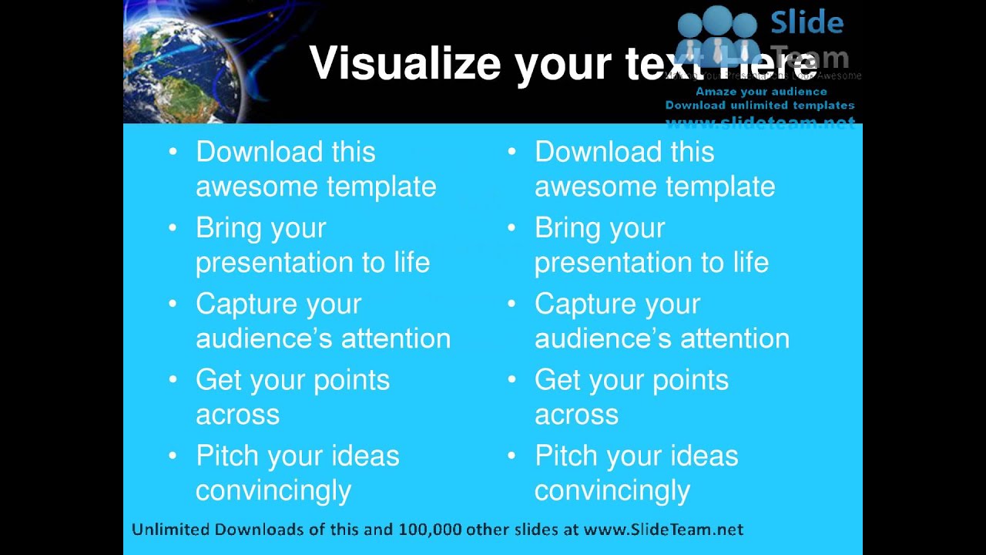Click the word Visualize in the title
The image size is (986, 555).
405,63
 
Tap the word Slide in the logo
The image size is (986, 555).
807,22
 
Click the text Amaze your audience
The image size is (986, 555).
761,91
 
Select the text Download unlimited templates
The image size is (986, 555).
760,105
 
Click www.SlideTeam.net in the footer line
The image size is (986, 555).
663,529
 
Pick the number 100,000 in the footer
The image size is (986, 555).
429,529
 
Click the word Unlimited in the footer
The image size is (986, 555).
170,529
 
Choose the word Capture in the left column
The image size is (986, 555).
246,304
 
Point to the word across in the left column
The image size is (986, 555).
237,414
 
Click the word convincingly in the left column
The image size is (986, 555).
273,490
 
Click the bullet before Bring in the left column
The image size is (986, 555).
173,228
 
